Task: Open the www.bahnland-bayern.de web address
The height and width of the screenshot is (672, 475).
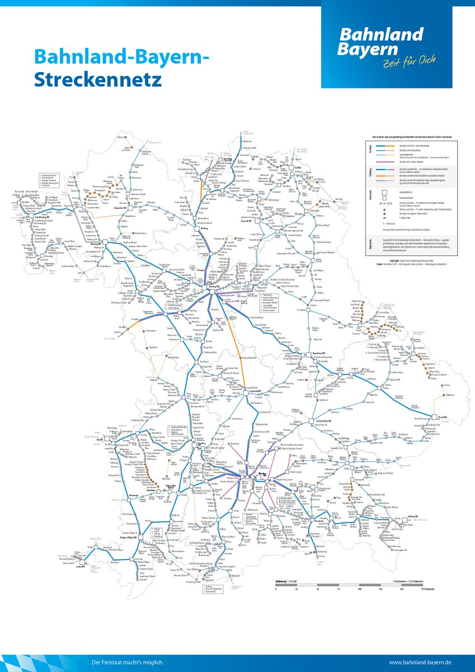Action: click(421, 663)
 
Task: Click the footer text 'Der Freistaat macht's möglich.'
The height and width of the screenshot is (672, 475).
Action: click(128, 663)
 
